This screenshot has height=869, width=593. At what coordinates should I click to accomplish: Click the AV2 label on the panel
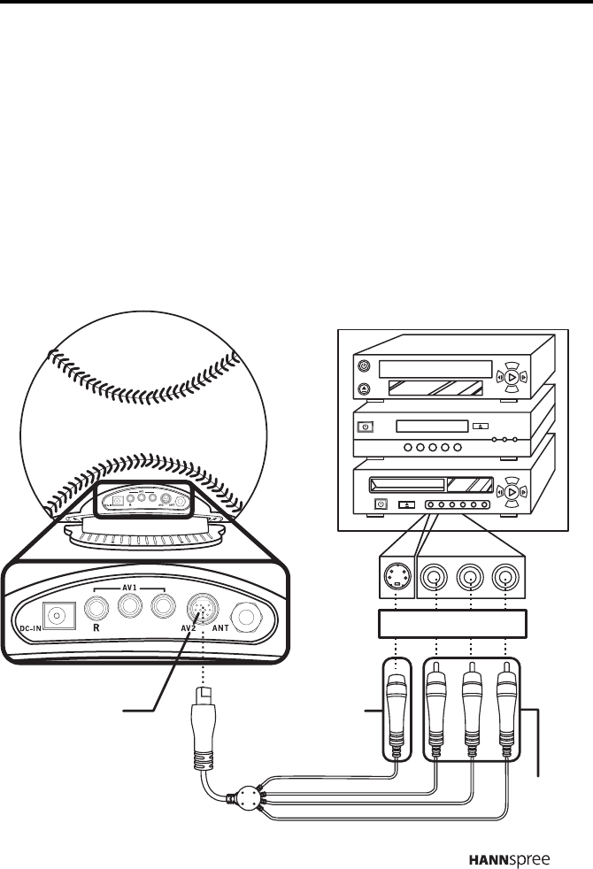click(x=189, y=629)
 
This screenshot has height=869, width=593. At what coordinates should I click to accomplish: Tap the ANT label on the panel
click(x=221, y=629)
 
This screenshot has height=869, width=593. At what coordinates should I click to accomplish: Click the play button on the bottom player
click(x=514, y=488)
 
